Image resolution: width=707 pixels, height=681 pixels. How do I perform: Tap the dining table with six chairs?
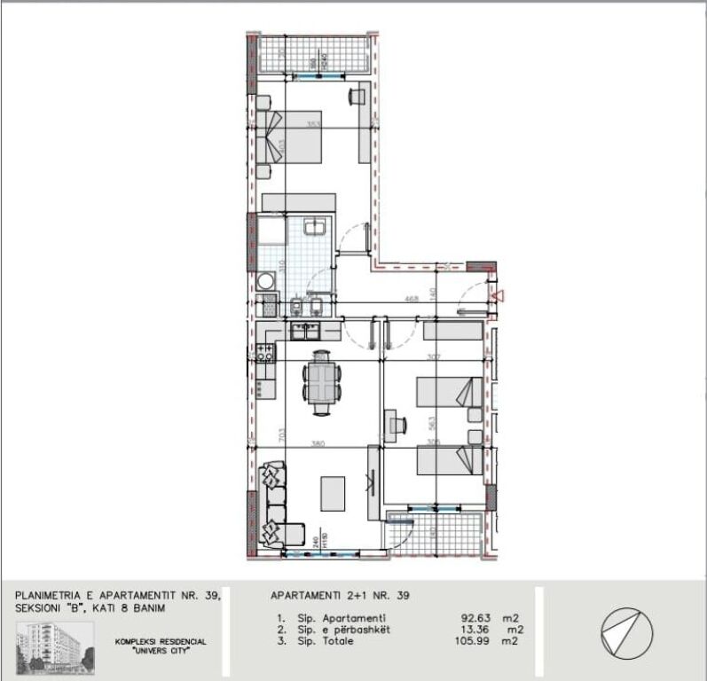(320, 382)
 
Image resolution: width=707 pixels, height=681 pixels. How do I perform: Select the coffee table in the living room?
(333, 492)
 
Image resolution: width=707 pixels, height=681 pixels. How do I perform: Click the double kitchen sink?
(308, 330)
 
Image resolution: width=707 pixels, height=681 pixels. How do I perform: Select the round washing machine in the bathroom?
(265, 281)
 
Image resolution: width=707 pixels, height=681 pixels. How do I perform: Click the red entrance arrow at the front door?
(499, 295)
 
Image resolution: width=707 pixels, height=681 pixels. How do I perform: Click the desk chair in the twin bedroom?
(391, 424)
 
